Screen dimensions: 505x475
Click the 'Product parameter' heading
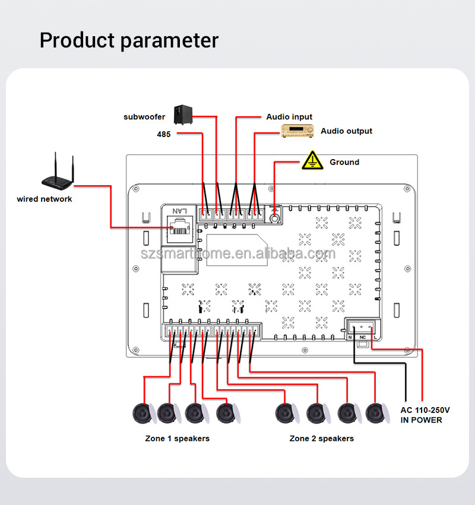click(x=129, y=40)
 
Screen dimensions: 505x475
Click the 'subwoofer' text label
click(x=144, y=117)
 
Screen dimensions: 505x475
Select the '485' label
click(x=164, y=135)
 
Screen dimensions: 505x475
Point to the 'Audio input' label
click(x=289, y=117)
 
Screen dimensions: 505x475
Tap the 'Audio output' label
click(x=347, y=131)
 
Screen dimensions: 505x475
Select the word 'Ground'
click(x=344, y=162)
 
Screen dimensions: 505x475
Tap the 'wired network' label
click(x=45, y=199)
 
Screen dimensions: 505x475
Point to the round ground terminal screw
click(x=275, y=218)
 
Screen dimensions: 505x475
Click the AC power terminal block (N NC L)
click(x=362, y=328)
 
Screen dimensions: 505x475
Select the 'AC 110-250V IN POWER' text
click(x=425, y=415)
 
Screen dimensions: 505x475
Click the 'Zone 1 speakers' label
click(x=177, y=439)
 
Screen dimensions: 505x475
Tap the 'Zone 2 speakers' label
click(x=321, y=439)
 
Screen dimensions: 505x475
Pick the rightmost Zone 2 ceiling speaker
click(x=376, y=413)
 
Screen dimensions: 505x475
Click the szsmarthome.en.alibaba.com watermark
click(x=237, y=254)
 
